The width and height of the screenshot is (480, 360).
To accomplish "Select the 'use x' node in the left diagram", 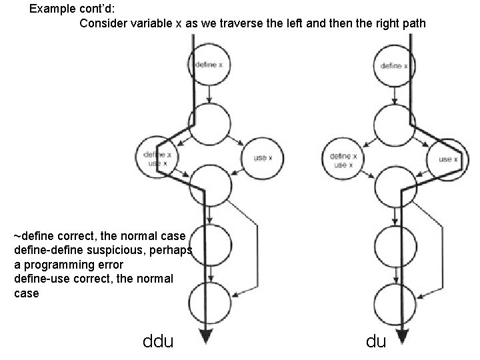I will (261, 158).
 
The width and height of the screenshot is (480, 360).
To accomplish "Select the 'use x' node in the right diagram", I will (447, 159).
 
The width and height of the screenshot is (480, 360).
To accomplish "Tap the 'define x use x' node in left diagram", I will (155, 159).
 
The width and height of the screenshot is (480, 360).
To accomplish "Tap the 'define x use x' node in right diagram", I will (342, 159).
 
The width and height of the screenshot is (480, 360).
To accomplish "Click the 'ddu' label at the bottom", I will (158, 342).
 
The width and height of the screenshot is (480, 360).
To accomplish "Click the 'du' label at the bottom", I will (375, 342).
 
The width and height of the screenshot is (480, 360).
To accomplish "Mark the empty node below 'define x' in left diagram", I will (210, 123).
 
